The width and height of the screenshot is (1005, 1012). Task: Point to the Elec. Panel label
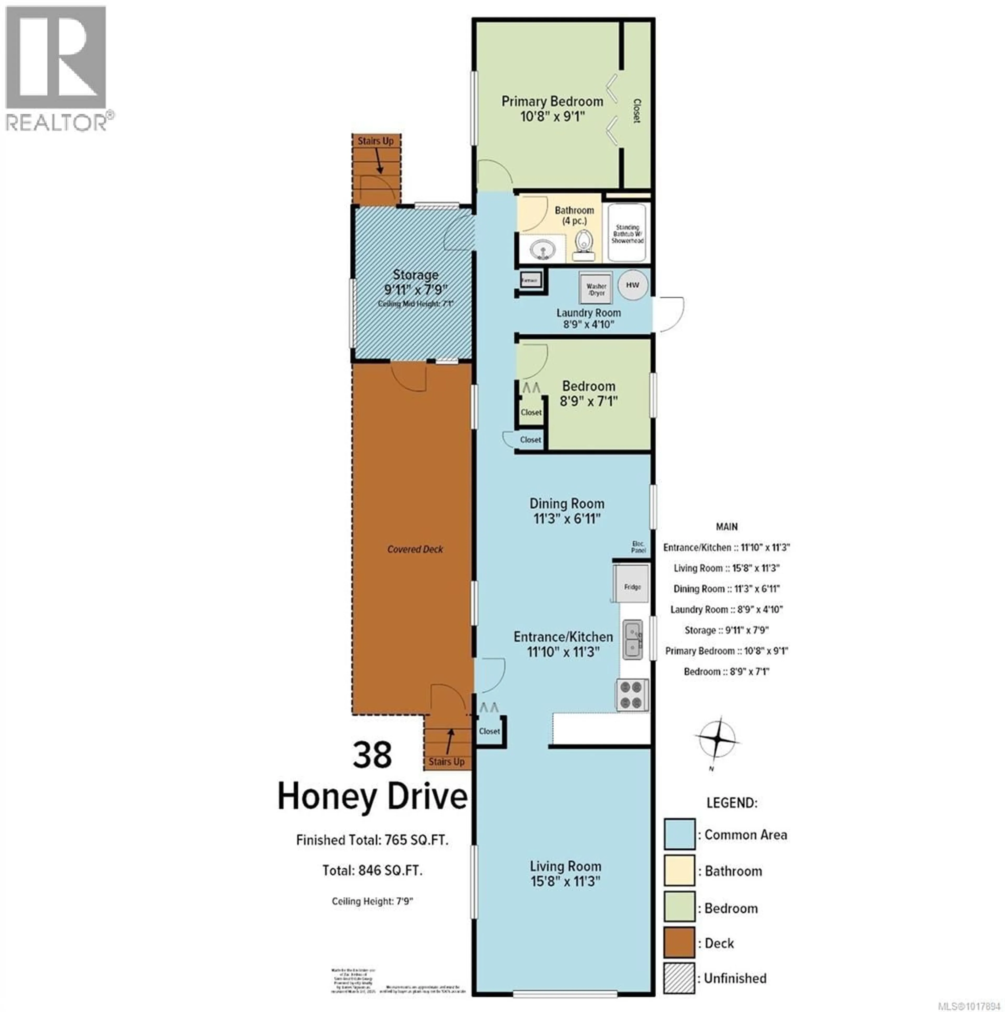point(638,547)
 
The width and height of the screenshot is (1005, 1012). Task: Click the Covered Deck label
point(415,549)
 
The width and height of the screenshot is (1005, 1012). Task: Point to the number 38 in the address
point(372,754)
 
